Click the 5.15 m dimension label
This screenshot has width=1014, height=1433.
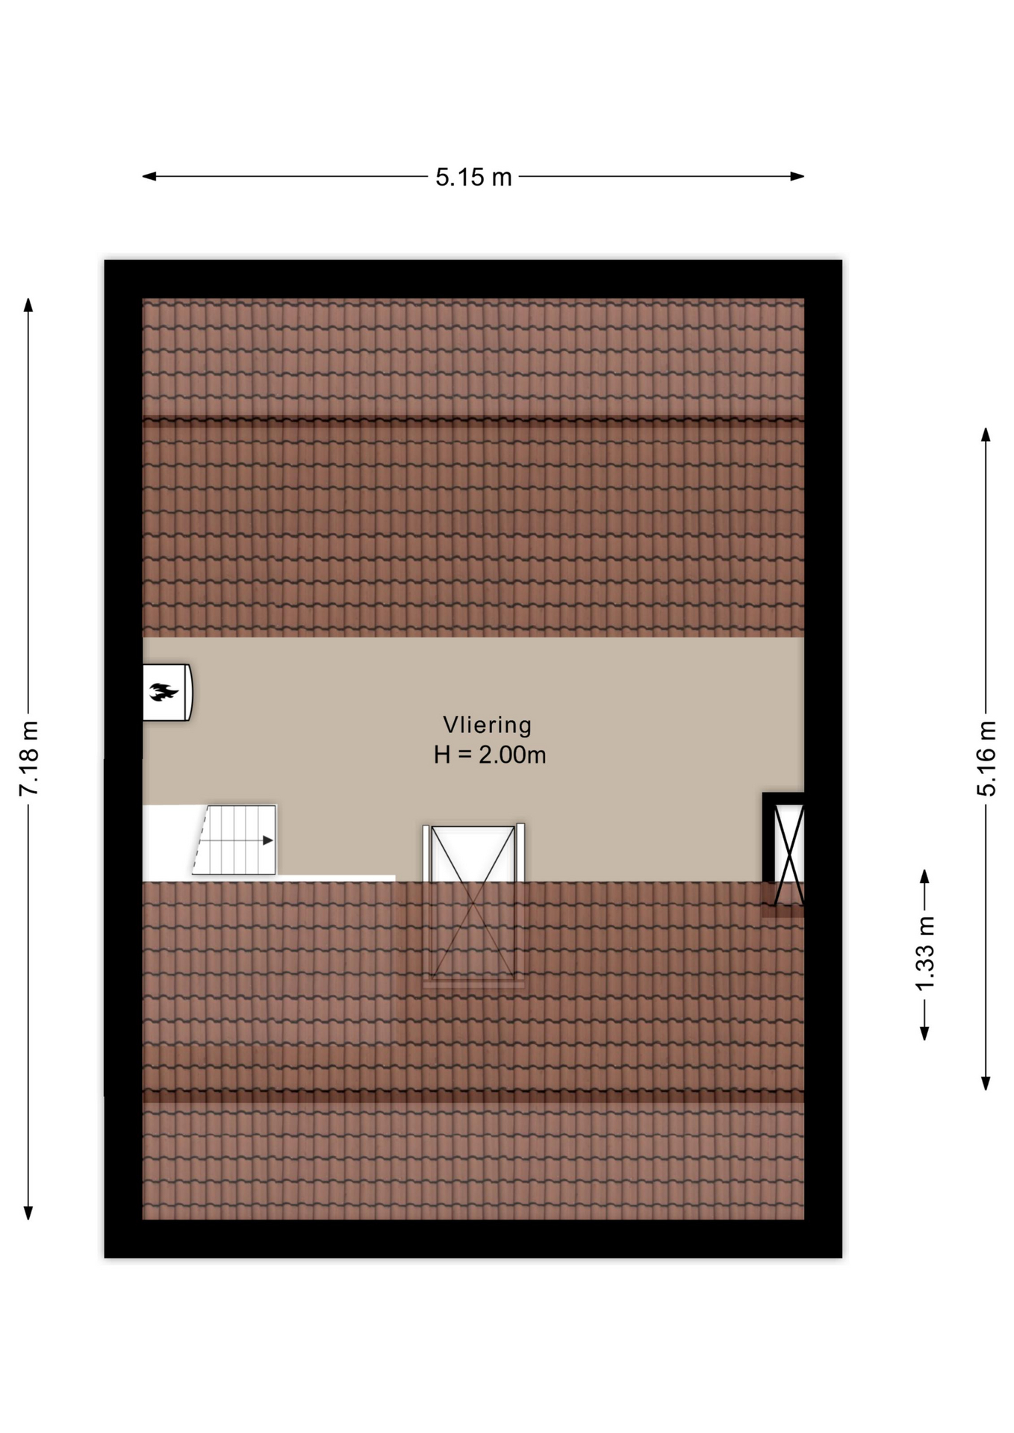pyautogui.click(x=473, y=178)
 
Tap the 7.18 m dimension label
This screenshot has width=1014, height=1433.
pyautogui.click(x=29, y=758)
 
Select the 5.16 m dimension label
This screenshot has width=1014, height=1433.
pyautogui.click(x=986, y=758)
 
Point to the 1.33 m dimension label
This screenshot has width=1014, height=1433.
pyautogui.click(x=925, y=954)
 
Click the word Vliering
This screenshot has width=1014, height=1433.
pyautogui.click(x=487, y=725)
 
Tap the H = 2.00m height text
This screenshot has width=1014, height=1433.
pyautogui.click(x=490, y=755)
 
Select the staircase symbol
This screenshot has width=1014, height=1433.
pyautogui.click(x=234, y=840)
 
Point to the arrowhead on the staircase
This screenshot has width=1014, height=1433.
pyautogui.click(x=268, y=840)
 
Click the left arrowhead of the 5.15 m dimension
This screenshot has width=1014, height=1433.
pyautogui.click(x=149, y=176)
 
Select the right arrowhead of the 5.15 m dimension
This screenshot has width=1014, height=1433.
pyautogui.click(x=797, y=176)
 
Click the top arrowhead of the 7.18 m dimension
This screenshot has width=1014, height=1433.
pyautogui.click(x=28, y=305)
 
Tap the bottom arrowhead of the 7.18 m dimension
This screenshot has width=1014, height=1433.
pyautogui.click(x=28, y=1213)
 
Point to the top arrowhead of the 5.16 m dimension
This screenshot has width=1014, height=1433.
pyautogui.click(x=986, y=434)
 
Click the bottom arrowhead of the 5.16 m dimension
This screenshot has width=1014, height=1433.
pyautogui.click(x=986, y=1084)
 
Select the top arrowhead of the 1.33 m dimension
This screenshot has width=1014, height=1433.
pyautogui.click(x=924, y=876)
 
